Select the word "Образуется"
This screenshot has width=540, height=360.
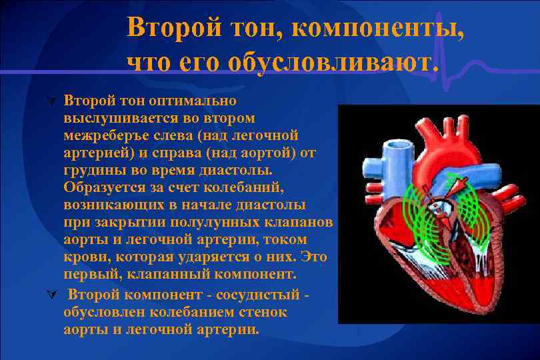(103, 187)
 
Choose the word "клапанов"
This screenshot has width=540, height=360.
(301, 222)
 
